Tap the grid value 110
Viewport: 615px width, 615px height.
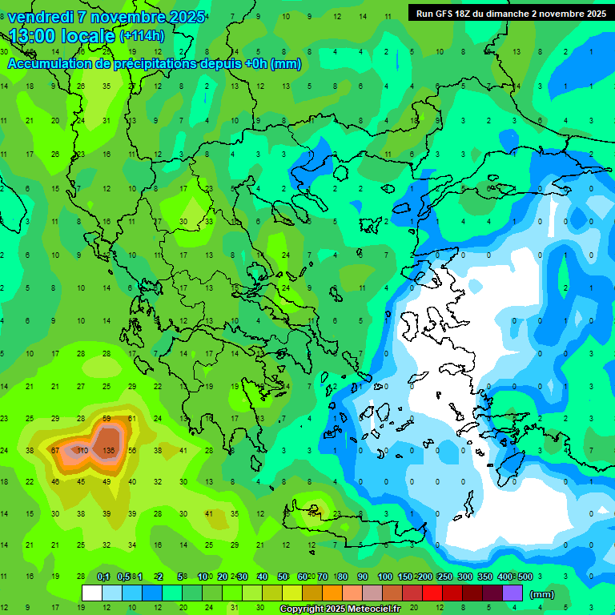(x=81, y=450)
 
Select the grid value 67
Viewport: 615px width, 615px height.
(x=55, y=450)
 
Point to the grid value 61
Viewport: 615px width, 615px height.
(x=132, y=419)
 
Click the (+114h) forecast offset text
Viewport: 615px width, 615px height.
(x=142, y=36)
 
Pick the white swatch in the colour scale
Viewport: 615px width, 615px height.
(x=92, y=593)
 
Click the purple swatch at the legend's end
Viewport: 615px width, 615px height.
(x=512, y=593)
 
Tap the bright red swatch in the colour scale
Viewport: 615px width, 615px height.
(x=432, y=593)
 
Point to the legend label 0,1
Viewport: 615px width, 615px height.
(x=103, y=577)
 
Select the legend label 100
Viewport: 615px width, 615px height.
(x=384, y=577)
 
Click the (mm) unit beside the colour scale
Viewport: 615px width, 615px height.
(x=542, y=594)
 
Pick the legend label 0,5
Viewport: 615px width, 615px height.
(x=123, y=577)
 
